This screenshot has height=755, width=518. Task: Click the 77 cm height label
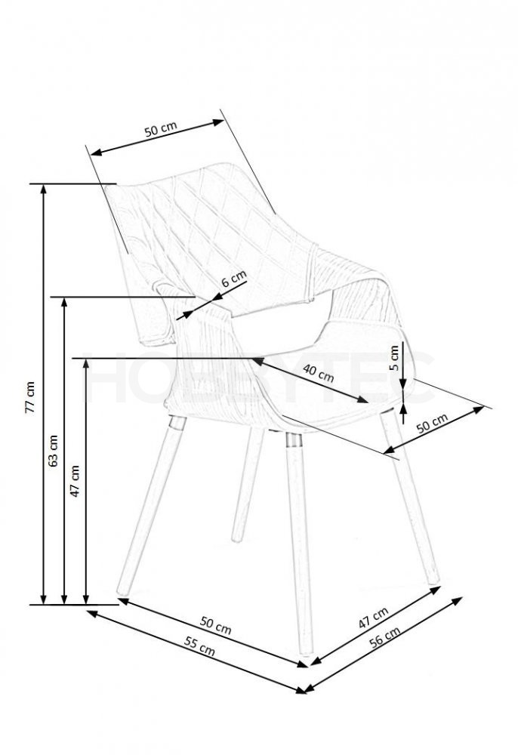(x=30, y=397)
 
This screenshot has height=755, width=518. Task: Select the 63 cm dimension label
(x=54, y=451)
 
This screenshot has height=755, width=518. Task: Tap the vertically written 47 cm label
(x=75, y=480)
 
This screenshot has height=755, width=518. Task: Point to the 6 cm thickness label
(x=233, y=279)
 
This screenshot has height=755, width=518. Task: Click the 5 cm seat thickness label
(x=394, y=357)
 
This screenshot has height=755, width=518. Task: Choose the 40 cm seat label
(x=318, y=373)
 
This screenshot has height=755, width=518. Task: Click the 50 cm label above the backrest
(x=161, y=129)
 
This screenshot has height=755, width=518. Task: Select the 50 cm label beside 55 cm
(x=216, y=625)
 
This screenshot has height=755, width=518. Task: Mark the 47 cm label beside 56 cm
(x=373, y=618)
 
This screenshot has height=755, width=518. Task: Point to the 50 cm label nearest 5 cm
(x=432, y=424)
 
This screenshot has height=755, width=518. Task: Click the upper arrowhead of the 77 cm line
(x=44, y=190)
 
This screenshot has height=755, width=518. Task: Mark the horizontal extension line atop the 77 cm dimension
(x=72, y=184)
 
